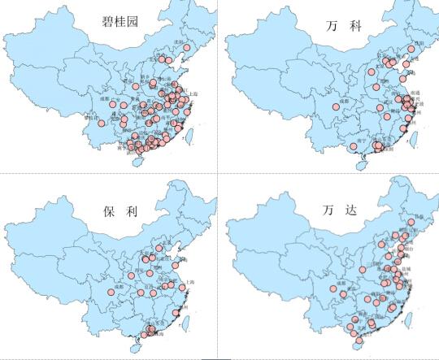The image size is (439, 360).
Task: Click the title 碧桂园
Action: (120, 22)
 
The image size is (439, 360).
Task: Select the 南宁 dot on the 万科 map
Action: (352, 147)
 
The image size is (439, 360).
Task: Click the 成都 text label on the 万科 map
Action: (344, 101)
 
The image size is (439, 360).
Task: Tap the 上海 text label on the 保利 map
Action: (190, 282)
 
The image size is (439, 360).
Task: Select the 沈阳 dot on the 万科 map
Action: (412, 49)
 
